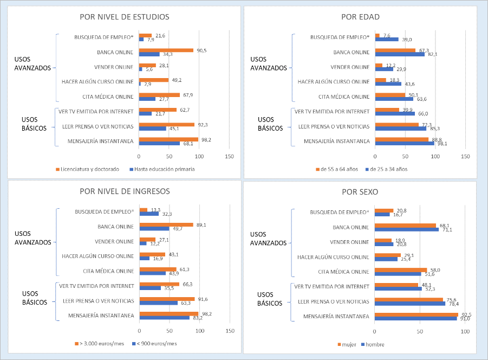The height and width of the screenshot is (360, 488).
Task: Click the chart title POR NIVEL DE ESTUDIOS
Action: [124, 17]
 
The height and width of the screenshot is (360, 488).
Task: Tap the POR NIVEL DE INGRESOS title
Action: [124, 190]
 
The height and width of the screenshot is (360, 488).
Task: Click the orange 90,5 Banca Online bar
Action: [166, 50]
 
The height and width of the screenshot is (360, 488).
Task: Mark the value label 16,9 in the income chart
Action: [158, 259]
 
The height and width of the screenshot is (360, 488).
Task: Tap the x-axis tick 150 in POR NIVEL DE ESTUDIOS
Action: [230, 157]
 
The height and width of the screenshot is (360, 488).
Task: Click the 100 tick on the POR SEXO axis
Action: [465, 330]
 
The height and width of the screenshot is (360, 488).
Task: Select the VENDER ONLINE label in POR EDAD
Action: [350, 67]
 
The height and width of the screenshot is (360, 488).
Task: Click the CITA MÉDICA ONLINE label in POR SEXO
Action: [343, 271]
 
